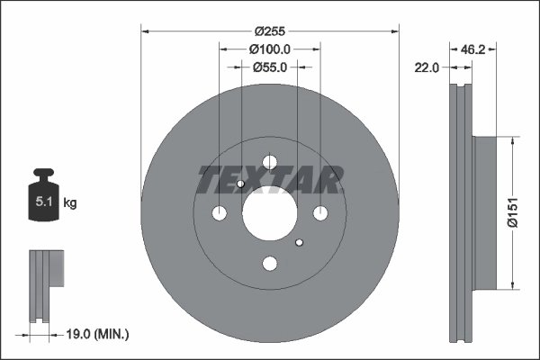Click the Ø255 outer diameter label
coord(270,30)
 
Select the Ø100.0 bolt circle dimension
coord(270,49)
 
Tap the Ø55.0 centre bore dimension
coord(270,67)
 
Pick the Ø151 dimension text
coord(512,213)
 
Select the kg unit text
coord(70,203)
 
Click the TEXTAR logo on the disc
coord(270,181)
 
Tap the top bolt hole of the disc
coord(269,163)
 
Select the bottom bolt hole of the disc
coord(269,264)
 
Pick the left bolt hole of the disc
coord(220,213)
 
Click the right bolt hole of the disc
coord(319,213)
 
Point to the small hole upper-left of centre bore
coord(241,185)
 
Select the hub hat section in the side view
coord(484,213)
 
